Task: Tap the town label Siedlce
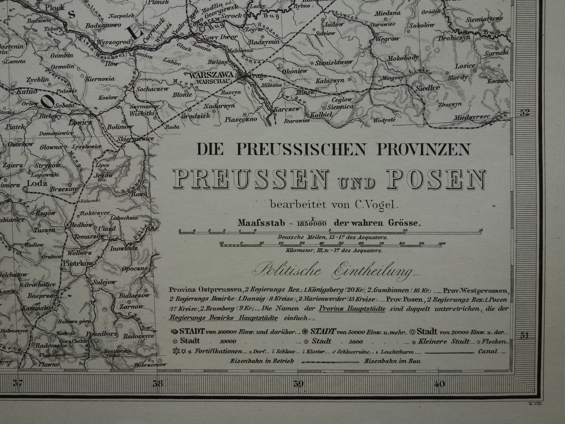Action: point(429,88)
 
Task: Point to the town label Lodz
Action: point(37,183)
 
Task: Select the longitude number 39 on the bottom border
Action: point(298,384)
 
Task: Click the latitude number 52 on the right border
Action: point(525,113)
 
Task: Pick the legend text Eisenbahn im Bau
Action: point(393,361)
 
